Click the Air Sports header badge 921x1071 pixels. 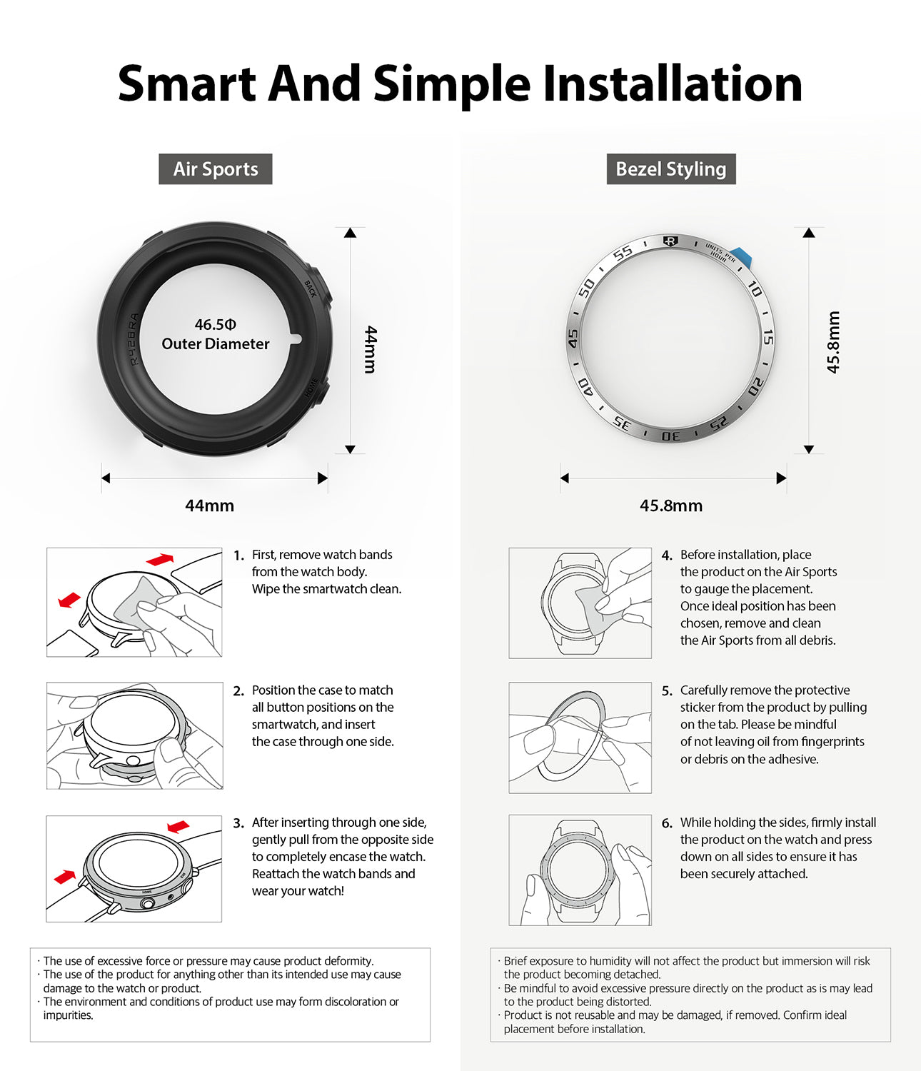click(x=215, y=169)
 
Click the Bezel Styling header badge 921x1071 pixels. click(x=670, y=169)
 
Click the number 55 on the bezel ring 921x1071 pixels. click(x=623, y=253)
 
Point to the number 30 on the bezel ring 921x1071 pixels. click(x=670, y=436)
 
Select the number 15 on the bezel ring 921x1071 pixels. click(x=767, y=337)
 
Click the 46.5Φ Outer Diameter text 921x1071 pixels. click(x=215, y=334)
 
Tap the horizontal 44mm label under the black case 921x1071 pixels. click(x=209, y=506)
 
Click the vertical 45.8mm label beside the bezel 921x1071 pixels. click(x=833, y=342)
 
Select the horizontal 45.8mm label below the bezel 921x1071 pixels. click(x=670, y=506)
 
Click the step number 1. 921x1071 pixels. click(x=238, y=555)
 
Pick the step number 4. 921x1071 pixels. click(x=666, y=555)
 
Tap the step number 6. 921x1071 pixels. click(x=666, y=823)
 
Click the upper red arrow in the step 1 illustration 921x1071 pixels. click(x=160, y=559)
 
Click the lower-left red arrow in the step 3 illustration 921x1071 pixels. click(x=65, y=876)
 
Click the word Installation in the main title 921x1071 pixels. click(x=672, y=84)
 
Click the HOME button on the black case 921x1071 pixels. click(x=318, y=389)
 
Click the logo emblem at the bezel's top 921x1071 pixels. click(x=670, y=241)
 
